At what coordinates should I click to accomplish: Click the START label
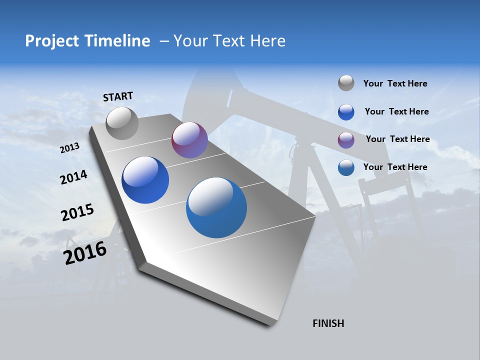tap(118, 96)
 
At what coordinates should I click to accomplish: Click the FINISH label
tap(328, 323)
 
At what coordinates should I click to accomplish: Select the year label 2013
tap(69, 148)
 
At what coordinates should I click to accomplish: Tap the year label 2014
tap(73, 177)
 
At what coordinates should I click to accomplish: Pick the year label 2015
tap(77, 212)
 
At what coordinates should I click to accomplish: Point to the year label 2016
tap(85, 253)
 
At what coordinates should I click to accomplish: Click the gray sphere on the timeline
tap(122, 123)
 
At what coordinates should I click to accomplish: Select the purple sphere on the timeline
tap(189, 140)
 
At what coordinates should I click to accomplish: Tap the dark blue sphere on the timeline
tap(145, 180)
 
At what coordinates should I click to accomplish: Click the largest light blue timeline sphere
tap(216, 207)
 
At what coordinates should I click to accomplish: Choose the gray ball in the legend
tap(346, 83)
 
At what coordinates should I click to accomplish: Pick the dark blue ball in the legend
tap(346, 111)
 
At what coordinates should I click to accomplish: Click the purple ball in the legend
tap(346, 140)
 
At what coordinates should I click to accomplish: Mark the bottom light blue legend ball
tap(346, 167)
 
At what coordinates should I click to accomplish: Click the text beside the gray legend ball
tap(395, 83)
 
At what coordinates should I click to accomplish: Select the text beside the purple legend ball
tap(397, 139)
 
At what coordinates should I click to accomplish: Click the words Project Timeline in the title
tap(87, 41)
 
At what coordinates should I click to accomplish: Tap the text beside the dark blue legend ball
tap(396, 111)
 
